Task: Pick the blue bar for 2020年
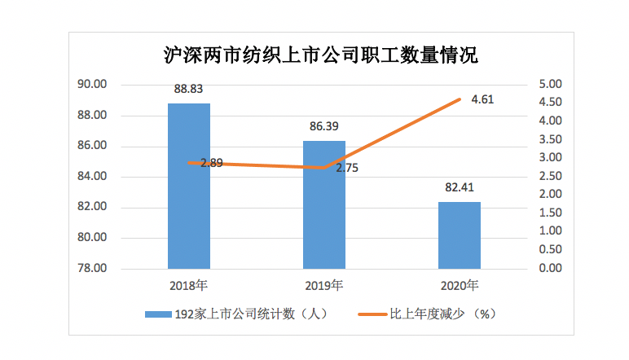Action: pos(460,236)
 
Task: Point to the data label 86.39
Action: pos(324,127)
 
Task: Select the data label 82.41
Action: pos(460,188)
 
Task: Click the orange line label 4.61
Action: pos(482,100)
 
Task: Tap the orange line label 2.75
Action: pos(346,168)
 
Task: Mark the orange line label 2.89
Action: pos(211,163)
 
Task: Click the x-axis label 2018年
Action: pos(188,286)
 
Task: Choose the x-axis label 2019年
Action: pos(324,286)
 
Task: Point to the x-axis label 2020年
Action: pos(460,286)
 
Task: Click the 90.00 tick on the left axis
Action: pos(93,85)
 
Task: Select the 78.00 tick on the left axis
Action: pos(93,269)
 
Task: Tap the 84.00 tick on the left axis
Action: pos(93,177)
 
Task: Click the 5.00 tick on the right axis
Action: pos(550,85)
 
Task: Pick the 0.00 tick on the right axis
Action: pos(550,269)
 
